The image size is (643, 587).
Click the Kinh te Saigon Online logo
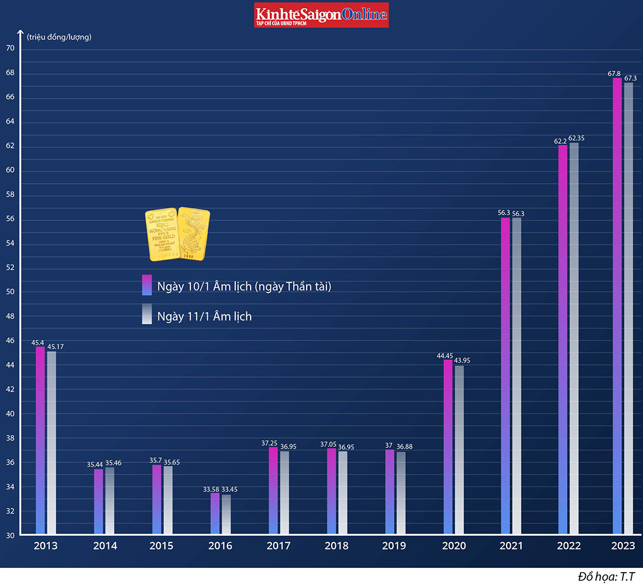coord(321,15)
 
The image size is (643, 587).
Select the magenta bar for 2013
coord(40,440)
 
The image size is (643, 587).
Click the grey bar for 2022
coord(574,339)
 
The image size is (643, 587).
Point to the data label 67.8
coord(614,74)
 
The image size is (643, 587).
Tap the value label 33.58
coord(211,489)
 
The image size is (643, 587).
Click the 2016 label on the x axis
coord(220,546)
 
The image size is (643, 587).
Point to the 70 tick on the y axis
coord(10,49)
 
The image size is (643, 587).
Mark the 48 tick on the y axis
coord(10,316)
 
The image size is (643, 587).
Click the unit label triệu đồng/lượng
coord(59,37)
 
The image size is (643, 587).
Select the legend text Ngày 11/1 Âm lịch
coord(204,316)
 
